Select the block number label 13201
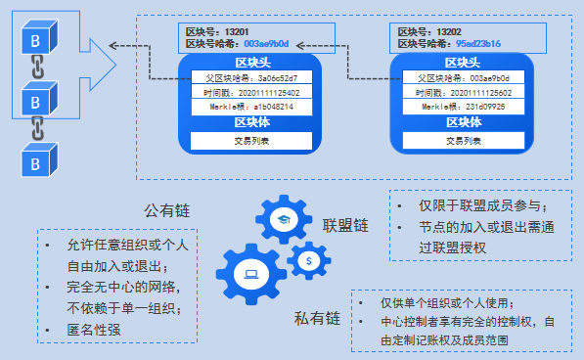click(219, 31)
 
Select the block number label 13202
click(431, 31)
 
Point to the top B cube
click(36, 43)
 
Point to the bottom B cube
click(36, 158)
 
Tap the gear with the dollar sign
click(309, 260)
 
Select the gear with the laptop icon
click(250, 275)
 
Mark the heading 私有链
click(316, 319)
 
